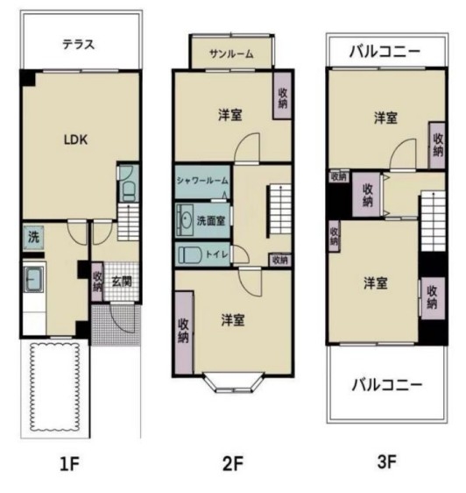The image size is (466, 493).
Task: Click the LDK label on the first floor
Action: (75, 139)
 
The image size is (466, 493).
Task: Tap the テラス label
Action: (79, 45)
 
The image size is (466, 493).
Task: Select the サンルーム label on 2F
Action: (231, 54)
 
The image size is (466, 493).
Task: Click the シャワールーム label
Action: (202, 181)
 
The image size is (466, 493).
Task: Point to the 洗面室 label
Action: (211, 221)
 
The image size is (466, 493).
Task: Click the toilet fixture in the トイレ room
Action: (190, 254)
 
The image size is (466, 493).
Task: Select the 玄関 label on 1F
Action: (122, 282)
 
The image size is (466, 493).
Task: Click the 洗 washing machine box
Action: (33, 237)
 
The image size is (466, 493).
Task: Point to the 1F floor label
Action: (69, 464)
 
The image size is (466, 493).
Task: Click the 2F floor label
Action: (233, 464)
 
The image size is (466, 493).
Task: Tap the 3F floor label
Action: (386, 462)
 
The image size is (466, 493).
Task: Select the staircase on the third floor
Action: (433, 221)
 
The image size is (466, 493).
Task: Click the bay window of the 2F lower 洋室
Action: (234, 383)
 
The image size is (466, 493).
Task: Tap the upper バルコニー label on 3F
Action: (385, 52)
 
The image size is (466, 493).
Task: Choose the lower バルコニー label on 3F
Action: (387, 385)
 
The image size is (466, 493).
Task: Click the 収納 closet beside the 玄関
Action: (97, 282)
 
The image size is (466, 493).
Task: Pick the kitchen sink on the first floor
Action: (33, 280)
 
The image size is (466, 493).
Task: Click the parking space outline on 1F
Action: (54, 387)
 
